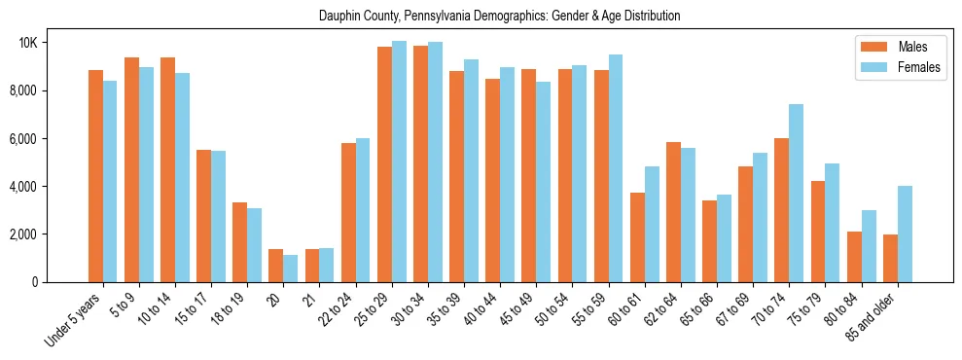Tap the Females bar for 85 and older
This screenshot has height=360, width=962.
pyautogui.click(x=905, y=234)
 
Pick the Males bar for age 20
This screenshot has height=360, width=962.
pyautogui.click(x=275, y=266)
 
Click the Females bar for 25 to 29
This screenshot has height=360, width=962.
pyautogui.click(x=399, y=162)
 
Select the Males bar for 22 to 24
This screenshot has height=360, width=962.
pyautogui.click(x=348, y=212)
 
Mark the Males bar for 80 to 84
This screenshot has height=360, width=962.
pyautogui.click(x=854, y=257)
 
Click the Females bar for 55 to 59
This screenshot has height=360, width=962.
pyautogui.click(x=615, y=168)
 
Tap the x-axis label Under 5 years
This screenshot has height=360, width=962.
pyautogui.click(x=75, y=320)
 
